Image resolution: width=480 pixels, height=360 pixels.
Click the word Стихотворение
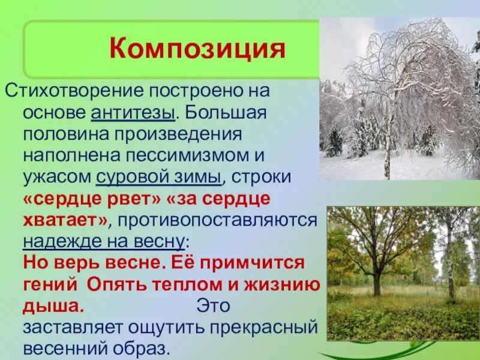pyautogui.click(x=71, y=92)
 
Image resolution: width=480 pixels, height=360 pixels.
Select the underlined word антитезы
pyautogui.click(x=134, y=113)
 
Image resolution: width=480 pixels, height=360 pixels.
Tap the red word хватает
pyautogui.click(x=64, y=221)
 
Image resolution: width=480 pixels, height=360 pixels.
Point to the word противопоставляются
pyautogui.click(x=217, y=221)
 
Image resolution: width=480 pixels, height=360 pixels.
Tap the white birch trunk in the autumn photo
pyautogui.click(x=450, y=264)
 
